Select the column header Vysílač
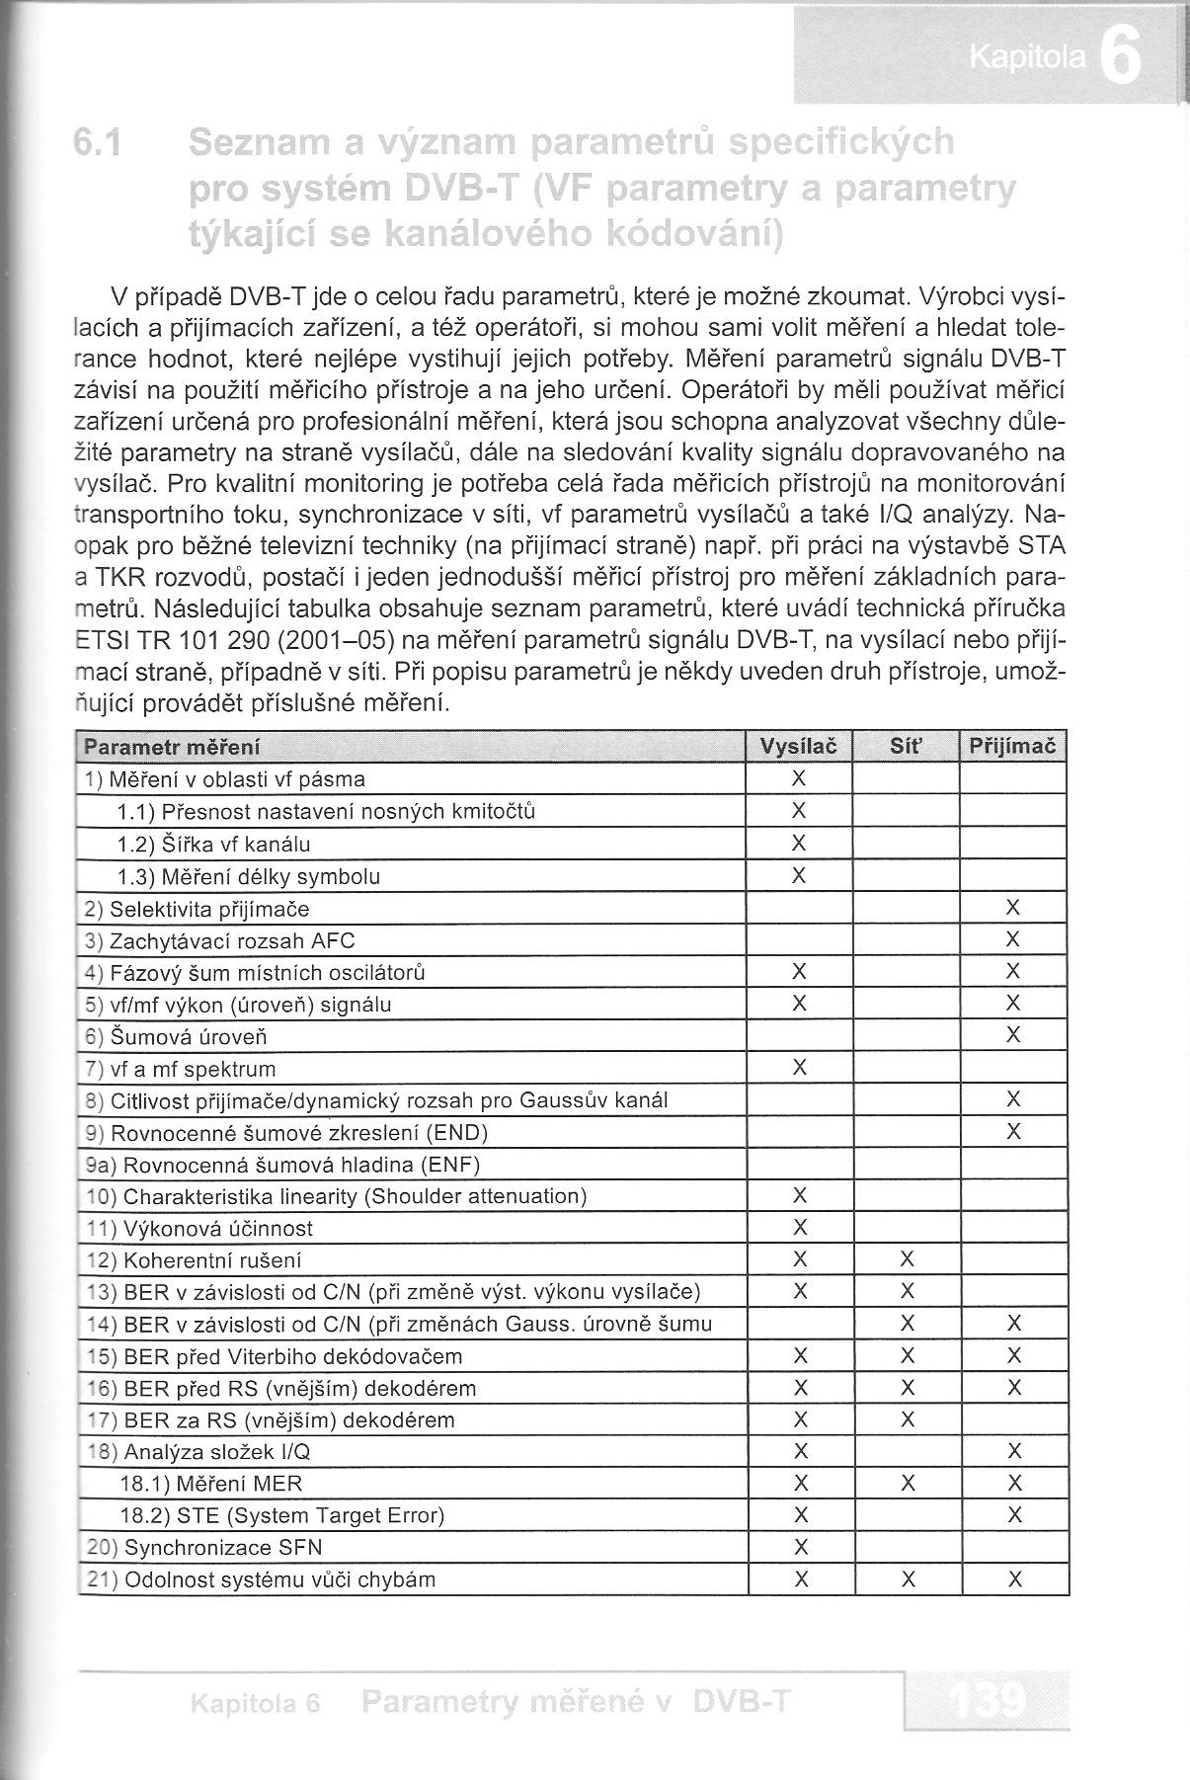click(799, 747)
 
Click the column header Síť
click(906, 747)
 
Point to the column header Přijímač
click(1012, 747)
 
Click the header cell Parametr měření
click(173, 747)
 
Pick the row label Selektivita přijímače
click(209, 909)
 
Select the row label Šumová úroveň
click(189, 1037)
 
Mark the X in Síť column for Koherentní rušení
click(908, 1259)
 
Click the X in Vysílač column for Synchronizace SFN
click(801, 1547)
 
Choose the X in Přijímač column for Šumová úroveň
click(1012, 1035)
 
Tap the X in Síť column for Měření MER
click(908, 1483)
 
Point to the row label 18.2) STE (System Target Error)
click(281, 1515)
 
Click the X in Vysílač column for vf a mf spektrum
click(800, 1068)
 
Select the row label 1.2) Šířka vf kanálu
click(213, 845)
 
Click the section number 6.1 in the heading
click(97, 144)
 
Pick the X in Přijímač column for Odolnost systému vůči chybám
click(1013, 1579)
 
